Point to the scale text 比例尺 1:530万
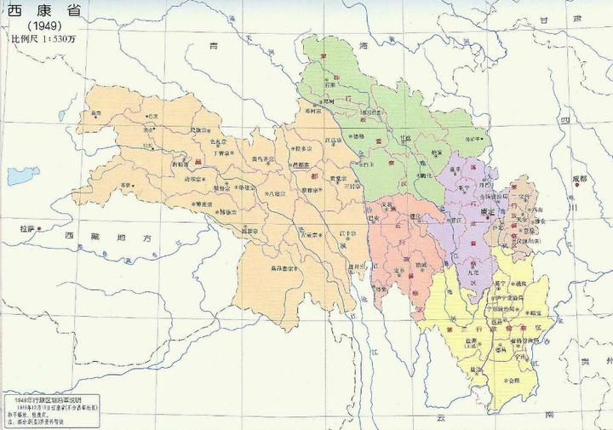43,38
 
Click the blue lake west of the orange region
23,176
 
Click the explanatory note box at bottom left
51,410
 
